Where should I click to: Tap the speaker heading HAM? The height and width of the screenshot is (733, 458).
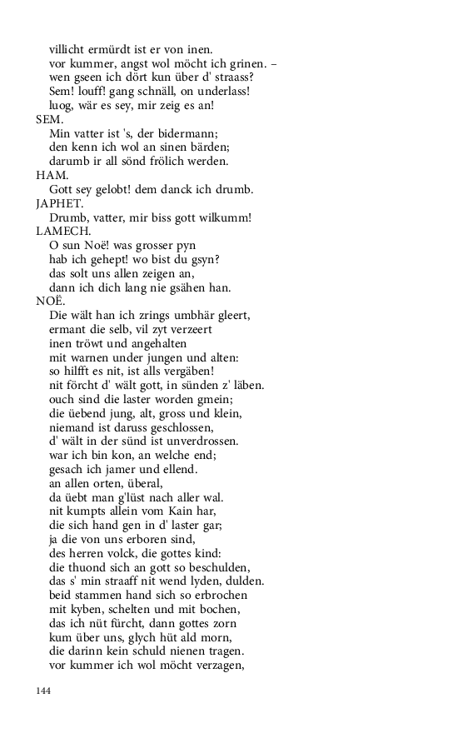[47, 175]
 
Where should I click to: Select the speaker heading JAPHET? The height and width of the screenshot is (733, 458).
[56, 203]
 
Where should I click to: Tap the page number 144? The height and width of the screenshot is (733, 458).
[44, 691]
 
